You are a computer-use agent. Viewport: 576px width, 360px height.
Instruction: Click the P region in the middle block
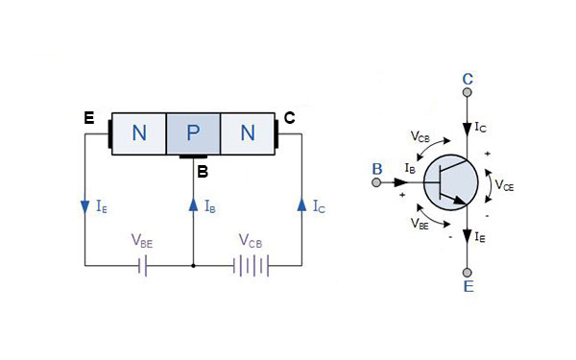click(x=193, y=132)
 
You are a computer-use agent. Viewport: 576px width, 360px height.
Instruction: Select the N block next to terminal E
click(x=139, y=132)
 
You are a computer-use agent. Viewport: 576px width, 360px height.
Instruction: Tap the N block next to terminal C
click(x=248, y=132)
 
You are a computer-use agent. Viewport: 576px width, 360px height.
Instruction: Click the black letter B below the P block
click(x=202, y=172)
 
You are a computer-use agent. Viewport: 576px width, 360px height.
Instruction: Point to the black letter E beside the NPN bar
click(x=88, y=118)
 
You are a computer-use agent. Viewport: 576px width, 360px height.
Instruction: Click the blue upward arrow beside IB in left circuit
click(x=194, y=204)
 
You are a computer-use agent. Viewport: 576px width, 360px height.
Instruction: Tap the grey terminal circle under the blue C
click(x=467, y=93)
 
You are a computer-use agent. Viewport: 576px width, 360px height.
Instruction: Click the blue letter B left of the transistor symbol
click(x=377, y=169)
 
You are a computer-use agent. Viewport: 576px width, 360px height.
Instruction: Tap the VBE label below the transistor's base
click(x=420, y=223)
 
